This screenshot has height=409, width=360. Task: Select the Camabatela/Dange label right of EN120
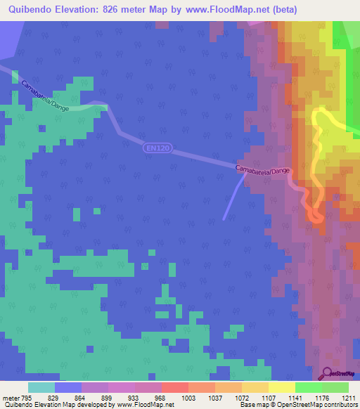[262, 171]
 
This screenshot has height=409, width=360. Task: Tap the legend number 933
[122, 397]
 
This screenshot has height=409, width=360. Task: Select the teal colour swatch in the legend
[41, 387]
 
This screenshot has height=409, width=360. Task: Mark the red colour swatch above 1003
[174, 387]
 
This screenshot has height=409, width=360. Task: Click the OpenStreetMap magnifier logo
[327, 374]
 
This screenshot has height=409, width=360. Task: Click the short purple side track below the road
[234, 197]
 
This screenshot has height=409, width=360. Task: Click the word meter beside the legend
[11, 397]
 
